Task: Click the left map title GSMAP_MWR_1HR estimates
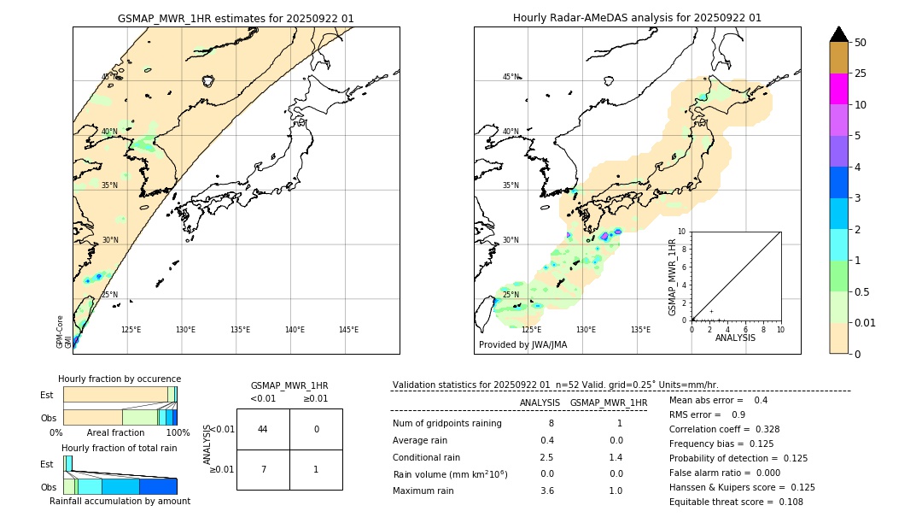point(236,18)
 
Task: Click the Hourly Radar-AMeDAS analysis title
point(637,18)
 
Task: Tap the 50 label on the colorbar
point(861,43)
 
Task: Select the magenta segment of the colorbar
point(838,89)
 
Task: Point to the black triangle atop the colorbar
point(838,34)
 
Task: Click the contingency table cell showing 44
point(263,429)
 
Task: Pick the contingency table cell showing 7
point(263,470)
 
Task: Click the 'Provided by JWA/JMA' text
point(522,345)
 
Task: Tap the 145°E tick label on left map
point(348,330)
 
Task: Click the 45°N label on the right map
point(511,77)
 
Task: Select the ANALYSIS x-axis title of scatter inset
point(735,338)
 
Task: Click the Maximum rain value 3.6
point(546,491)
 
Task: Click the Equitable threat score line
point(724,502)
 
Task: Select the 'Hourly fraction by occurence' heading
point(120,379)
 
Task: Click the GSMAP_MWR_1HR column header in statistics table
point(608,403)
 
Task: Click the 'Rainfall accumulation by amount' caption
point(120,501)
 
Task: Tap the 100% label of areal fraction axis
point(178,433)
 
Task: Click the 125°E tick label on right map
point(531,330)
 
